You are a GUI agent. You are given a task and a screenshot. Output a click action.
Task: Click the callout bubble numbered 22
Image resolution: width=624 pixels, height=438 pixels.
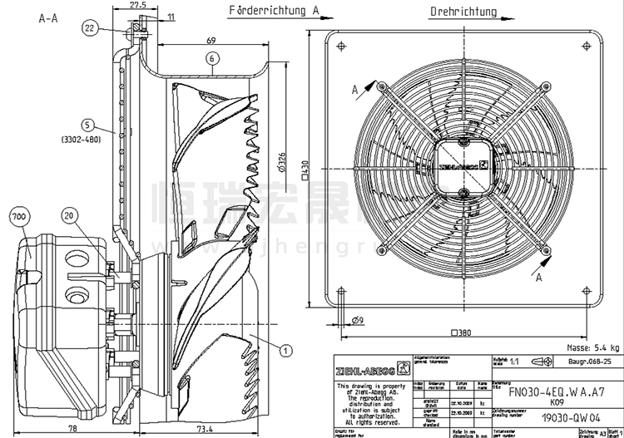[90, 28]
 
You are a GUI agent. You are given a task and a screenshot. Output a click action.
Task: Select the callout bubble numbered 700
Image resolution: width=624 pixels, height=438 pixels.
[17, 217]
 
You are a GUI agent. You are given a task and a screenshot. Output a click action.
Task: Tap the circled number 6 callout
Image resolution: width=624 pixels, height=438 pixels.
[213, 58]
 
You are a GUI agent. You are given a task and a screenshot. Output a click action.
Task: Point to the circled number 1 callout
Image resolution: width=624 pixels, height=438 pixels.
[285, 351]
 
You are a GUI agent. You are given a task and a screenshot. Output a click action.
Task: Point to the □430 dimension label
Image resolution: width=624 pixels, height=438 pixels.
[307, 171]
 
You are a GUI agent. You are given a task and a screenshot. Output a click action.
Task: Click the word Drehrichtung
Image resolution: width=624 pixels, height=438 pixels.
[463, 12]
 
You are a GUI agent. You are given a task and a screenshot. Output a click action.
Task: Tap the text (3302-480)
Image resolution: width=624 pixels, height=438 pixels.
[81, 140]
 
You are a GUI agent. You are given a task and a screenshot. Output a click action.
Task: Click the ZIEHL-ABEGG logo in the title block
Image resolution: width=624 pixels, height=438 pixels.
[364, 367]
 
